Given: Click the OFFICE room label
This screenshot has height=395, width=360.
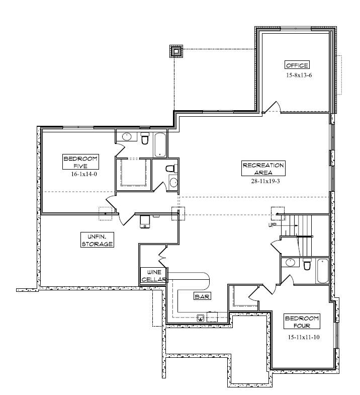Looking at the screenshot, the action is [297, 65].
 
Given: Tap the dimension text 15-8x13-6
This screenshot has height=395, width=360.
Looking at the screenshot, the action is [299, 75].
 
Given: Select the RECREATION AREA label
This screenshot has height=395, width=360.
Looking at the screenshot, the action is [263, 168].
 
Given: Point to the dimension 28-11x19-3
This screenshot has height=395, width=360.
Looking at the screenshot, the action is [265, 181].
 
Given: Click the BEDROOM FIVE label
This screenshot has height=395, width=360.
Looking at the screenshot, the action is [80, 162].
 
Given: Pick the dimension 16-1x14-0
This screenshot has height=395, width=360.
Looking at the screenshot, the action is [84, 174].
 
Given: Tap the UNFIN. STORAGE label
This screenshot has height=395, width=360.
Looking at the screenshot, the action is [97, 240].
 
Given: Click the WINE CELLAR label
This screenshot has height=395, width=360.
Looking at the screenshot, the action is [153, 276].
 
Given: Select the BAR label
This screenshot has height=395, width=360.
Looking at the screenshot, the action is [202, 296].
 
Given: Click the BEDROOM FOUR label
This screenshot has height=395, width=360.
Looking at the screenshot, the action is [302, 322].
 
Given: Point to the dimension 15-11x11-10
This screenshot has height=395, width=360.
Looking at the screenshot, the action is [304, 337].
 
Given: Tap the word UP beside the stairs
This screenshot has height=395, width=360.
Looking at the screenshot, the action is [273, 225].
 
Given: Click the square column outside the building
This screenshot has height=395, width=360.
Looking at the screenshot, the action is [176, 51].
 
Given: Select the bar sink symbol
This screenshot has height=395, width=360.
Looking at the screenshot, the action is [201, 318].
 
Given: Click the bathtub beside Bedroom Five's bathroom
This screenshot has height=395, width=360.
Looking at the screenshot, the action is [160, 145].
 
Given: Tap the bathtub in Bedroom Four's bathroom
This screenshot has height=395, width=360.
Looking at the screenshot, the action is [322, 271].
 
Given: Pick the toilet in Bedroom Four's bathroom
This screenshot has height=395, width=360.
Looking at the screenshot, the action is [307, 264].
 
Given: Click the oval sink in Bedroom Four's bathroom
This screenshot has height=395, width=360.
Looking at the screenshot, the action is [290, 263].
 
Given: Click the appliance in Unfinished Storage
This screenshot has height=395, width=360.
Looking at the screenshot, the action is [145, 222].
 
